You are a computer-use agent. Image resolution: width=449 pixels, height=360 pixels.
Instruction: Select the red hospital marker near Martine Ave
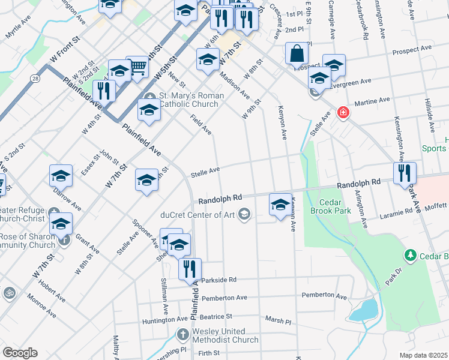343,112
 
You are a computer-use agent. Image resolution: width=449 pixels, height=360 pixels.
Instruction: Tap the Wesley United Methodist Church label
225,335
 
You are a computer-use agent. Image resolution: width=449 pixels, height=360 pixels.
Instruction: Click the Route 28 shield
37,79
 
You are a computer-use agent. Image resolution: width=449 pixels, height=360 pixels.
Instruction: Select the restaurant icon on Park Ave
405,173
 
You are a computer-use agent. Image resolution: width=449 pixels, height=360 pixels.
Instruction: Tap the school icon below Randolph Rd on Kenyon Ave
280,205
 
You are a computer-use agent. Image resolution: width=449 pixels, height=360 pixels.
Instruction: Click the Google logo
20,353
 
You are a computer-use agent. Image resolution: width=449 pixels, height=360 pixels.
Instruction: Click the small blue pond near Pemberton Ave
364,311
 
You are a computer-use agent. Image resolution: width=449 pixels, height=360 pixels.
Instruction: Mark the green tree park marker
410,256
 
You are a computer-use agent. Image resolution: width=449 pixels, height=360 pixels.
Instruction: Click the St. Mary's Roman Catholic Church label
190,100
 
